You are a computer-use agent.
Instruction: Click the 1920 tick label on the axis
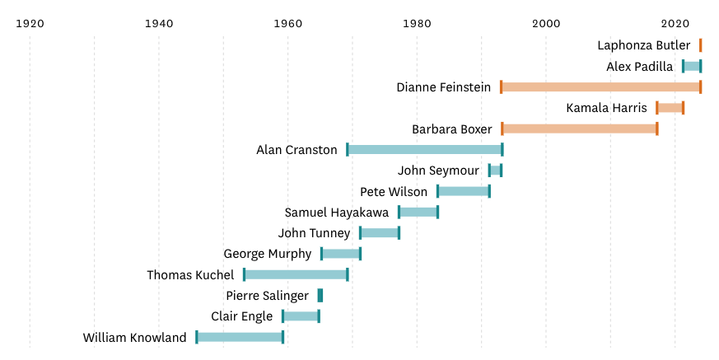30,22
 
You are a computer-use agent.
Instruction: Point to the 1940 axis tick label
159,22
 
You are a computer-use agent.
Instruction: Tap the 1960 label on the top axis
287,22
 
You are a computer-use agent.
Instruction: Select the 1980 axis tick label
417,22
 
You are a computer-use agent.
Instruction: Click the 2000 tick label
545,22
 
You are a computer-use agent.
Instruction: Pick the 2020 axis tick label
675,22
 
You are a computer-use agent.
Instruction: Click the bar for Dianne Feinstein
600,87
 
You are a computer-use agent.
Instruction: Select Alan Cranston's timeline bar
424,150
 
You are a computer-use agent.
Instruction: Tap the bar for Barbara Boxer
579,129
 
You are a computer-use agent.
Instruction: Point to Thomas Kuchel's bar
296,274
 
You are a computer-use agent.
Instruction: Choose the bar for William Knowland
240,337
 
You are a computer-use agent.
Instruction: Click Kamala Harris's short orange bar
670,108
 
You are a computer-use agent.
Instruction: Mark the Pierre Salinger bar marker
320,295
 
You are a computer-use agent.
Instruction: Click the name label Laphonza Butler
644,45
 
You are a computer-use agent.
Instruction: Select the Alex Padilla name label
640,67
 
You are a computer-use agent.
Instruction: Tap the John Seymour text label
438,171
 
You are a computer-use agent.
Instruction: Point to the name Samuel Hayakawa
337,213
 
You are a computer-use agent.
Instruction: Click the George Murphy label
268,254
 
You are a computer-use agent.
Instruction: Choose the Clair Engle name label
241,316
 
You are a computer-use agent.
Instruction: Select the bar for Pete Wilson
464,191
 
